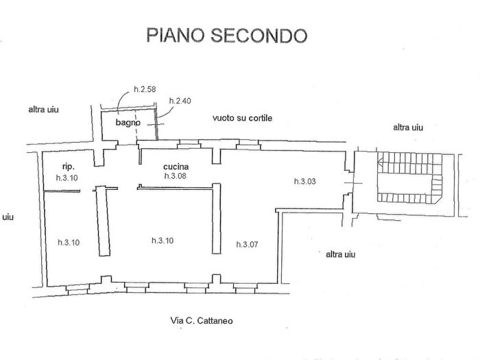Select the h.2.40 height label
tap(181, 101)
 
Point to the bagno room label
tap(128, 123)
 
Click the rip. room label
tap(67, 166)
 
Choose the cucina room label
tap(176, 167)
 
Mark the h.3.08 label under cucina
tap(176, 176)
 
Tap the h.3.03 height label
tap(304, 181)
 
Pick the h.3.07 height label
tap(248, 244)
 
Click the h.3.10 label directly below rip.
tap(67, 178)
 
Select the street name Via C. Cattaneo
tap(203, 320)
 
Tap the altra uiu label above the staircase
tap(409, 127)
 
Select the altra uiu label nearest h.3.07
tap(341, 254)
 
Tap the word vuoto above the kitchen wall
tap(224, 118)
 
